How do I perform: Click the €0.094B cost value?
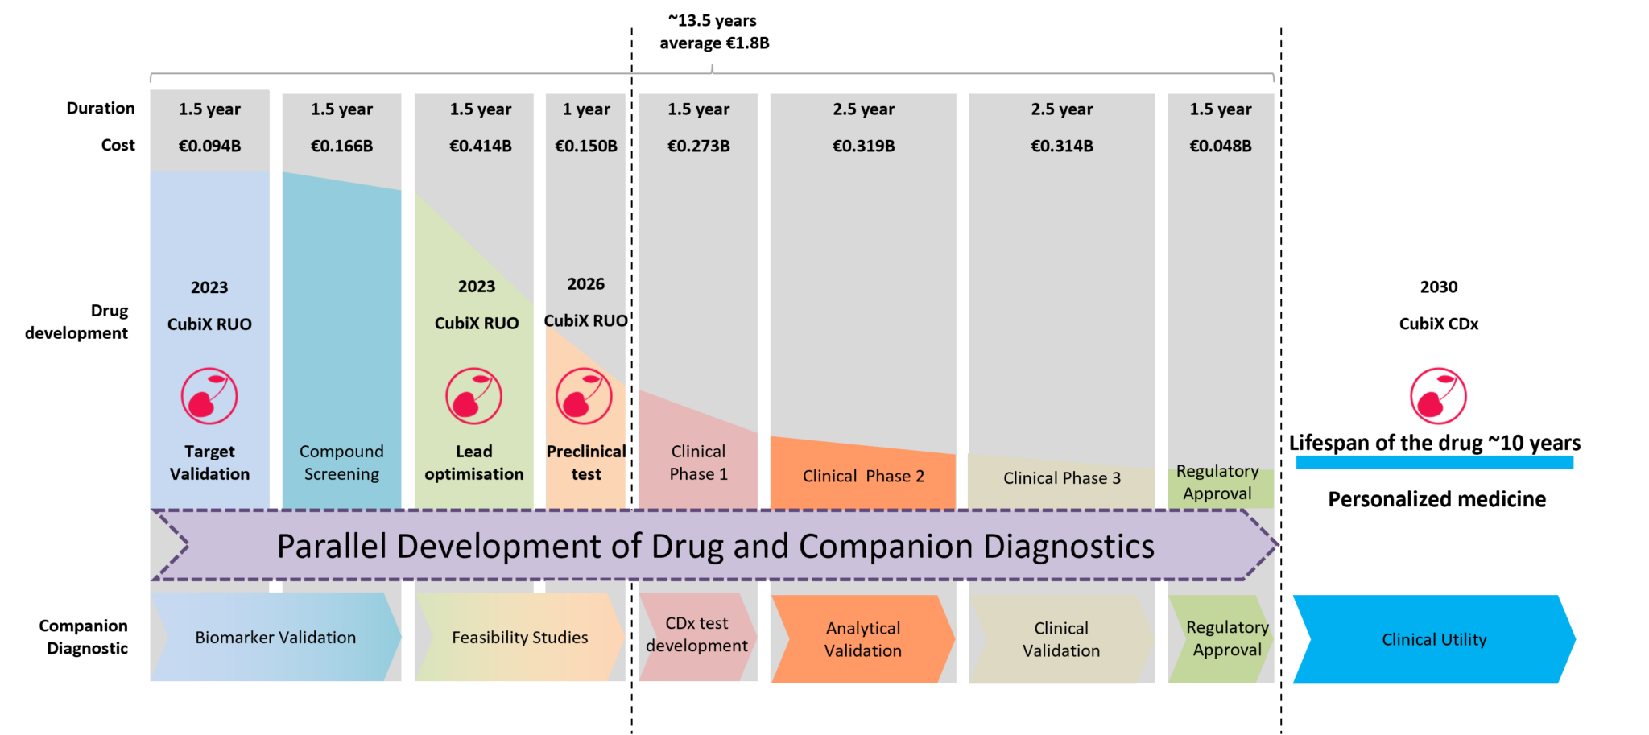209,146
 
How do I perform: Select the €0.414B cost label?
480,146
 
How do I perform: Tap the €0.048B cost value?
1220,146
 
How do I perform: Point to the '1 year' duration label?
586,109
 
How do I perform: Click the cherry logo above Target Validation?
209,396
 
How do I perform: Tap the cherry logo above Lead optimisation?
473,396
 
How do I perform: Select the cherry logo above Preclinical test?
584,396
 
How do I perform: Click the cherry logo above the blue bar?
1438,396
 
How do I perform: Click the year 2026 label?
585,283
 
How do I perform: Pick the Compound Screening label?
341,463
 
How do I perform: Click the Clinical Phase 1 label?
698,463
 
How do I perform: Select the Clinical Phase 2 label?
863,476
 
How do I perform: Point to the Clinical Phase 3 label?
1061,478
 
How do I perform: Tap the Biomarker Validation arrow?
275,638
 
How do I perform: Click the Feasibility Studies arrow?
519,638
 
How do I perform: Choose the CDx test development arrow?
696,635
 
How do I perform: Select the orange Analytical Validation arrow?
862,639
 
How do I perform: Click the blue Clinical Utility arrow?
1433,639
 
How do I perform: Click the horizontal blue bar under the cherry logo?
1434,462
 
